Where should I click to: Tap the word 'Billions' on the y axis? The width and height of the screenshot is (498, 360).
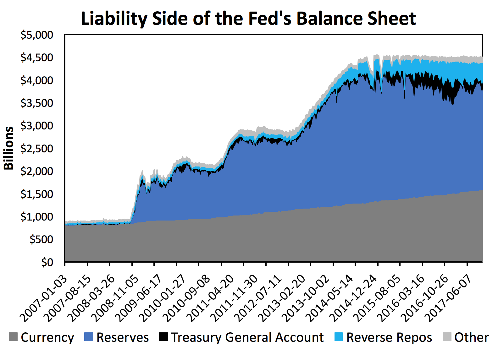pyautogui.click(x=9, y=148)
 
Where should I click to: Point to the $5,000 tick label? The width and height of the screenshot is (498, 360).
pyautogui.click(x=37, y=35)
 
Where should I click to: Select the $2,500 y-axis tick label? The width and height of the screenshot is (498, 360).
pyautogui.click(x=37, y=148)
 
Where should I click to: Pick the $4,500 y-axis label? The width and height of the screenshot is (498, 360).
pyautogui.click(x=37, y=57)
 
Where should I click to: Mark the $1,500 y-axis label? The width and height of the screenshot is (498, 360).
pyautogui.click(x=37, y=194)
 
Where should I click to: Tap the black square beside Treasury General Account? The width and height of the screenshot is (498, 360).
pyautogui.click(x=163, y=337)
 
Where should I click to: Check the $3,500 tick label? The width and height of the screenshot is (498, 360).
pyautogui.click(x=37, y=103)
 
